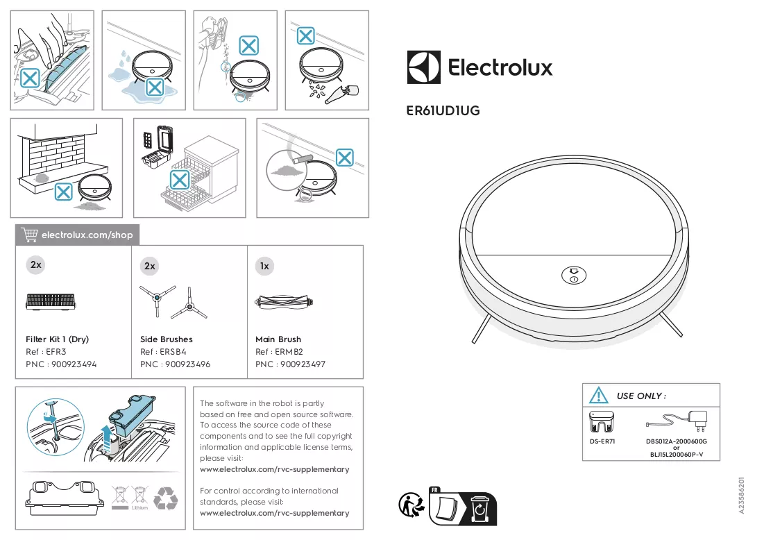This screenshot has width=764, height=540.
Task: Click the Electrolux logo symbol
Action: pos(423,67)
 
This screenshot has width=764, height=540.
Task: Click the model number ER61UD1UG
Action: pos(443,110)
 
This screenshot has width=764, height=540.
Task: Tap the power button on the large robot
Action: pos(573,276)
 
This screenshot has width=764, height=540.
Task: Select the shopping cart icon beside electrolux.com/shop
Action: pos(29,235)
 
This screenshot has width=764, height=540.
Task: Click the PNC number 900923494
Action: pos(74,364)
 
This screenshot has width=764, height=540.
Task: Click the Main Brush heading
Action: pos(278,339)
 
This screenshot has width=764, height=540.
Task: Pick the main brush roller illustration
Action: pos(284,302)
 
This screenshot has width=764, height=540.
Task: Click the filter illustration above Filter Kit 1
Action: pos(51,302)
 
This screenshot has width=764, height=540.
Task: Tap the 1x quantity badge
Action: pos(264,266)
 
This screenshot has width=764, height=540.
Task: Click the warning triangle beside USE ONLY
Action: pos(598,395)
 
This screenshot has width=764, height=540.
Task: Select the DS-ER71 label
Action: pos(602,441)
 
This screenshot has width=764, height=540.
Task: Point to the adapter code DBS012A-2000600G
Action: pos(677,441)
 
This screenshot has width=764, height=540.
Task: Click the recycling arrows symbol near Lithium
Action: pos(166,498)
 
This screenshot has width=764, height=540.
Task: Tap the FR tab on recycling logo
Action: pos(434,490)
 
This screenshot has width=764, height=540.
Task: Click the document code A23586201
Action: pos(742,495)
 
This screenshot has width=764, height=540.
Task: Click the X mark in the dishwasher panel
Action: pos(179,180)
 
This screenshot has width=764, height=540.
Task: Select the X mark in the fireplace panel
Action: pos(63,192)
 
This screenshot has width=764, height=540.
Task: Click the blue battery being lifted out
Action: pos(132,416)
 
